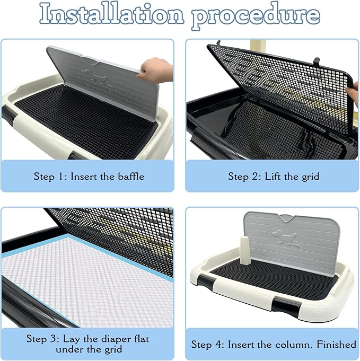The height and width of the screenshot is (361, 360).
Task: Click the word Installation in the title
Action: coord(112,14)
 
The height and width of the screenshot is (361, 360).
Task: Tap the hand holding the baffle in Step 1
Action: coord(156,70)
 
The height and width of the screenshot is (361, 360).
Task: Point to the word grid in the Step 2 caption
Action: coord(311,177)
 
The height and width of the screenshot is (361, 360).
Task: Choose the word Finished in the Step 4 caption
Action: coord(337,345)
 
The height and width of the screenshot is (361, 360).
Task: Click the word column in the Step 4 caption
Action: coord(294,345)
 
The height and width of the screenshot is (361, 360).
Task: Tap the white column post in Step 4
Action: coord(245,250)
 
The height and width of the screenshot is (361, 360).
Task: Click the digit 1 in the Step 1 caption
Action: coord(60,177)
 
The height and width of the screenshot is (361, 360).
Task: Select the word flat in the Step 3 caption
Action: coord(142,339)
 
